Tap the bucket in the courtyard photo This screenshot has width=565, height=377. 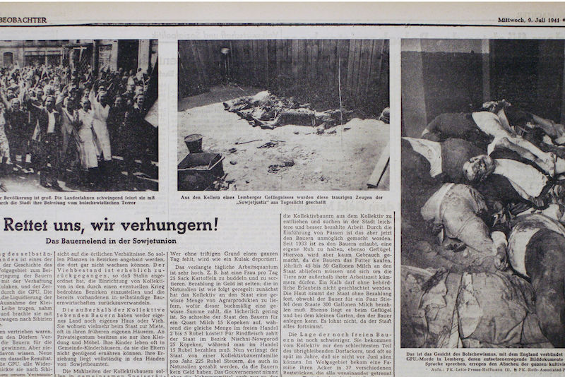coord(193,143)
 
